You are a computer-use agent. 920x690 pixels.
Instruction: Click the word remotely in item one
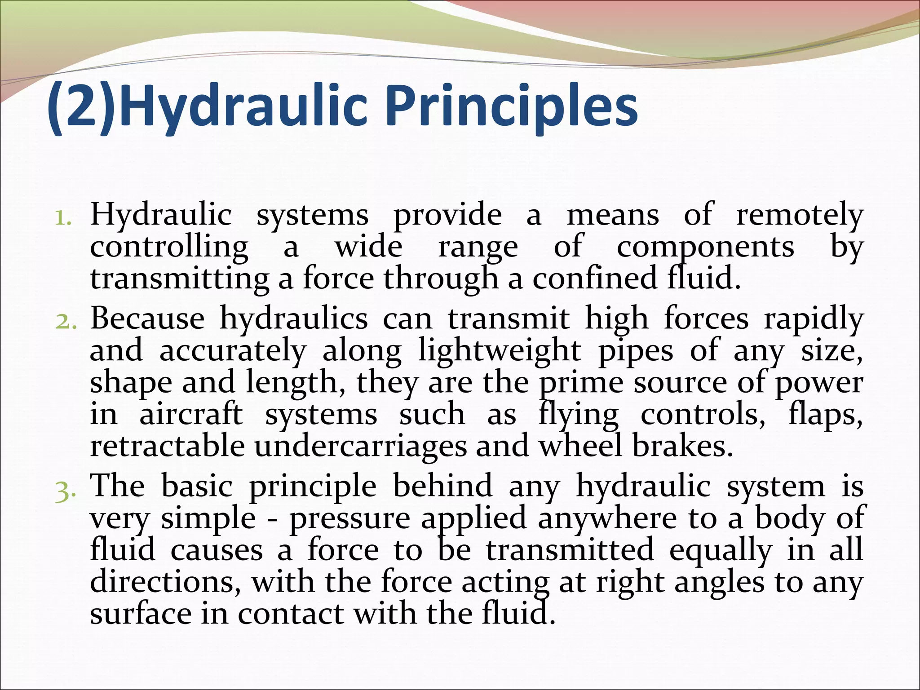click(x=799, y=215)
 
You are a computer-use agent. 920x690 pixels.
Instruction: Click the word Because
click(x=147, y=319)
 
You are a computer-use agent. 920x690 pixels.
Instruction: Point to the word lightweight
click(x=500, y=352)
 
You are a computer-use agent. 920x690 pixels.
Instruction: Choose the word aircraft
click(x=191, y=414)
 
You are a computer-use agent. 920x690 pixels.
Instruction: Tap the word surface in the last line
click(x=141, y=614)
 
